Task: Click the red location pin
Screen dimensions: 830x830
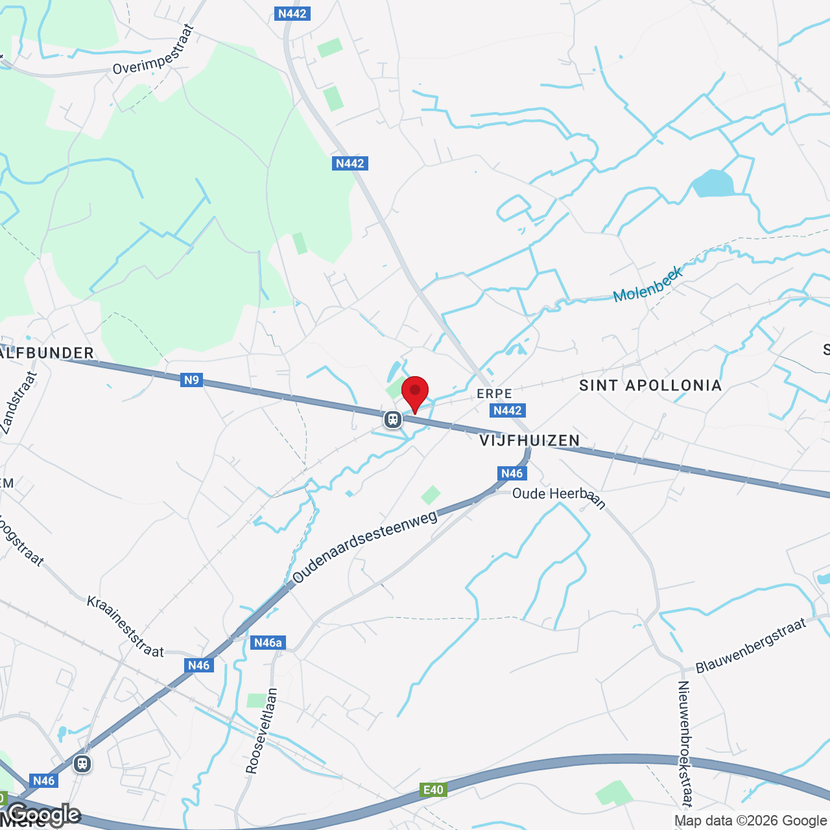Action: coord(415,393)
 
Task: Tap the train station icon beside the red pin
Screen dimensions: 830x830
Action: coord(392,420)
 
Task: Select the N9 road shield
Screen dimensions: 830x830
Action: coord(191,380)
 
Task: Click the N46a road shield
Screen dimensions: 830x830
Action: coord(268,643)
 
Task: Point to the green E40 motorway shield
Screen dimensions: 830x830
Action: coord(433,790)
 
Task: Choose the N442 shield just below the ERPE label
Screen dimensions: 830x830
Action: coord(507,410)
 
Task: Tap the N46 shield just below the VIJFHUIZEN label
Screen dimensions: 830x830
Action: coord(512,473)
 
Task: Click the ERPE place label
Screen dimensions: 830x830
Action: coord(494,394)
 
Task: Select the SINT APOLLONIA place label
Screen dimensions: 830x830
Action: coord(650,386)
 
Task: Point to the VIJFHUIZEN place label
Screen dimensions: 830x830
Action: coord(530,441)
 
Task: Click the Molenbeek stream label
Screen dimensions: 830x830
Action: coord(648,285)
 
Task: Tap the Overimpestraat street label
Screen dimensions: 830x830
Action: coord(154,51)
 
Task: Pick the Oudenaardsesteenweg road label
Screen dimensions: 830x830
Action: coord(364,547)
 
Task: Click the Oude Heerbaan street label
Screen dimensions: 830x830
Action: coord(558,497)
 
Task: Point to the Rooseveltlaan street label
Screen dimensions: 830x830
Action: coord(261,731)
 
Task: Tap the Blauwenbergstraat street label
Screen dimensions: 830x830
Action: coord(751,646)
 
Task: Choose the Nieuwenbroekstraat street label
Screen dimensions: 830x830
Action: coord(685,743)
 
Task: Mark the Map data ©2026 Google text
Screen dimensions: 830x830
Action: coord(750,821)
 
